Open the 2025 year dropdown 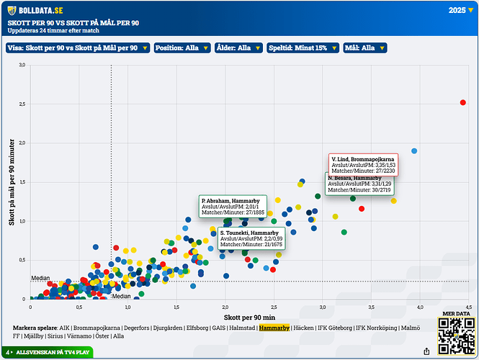click(x=458, y=11)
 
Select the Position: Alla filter click(x=182, y=48)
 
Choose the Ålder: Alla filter click(x=237, y=48)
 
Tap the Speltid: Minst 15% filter click(x=302, y=48)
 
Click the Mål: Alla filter click(x=364, y=48)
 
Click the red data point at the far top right click(x=463, y=102)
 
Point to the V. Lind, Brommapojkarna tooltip click(x=363, y=165)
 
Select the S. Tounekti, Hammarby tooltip click(x=251, y=239)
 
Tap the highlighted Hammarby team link click(x=274, y=327)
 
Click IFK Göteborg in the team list click(x=333, y=327)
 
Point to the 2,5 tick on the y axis click(x=22, y=104)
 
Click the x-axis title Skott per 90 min click(x=248, y=317)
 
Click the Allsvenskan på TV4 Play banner click(x=47, y=352)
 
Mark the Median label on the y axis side click(x=40, y=278)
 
